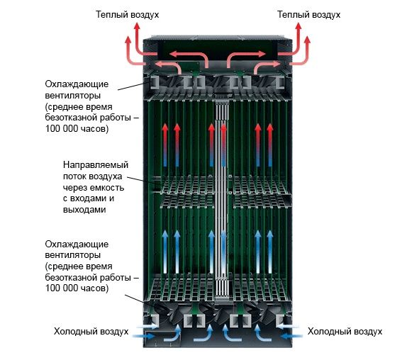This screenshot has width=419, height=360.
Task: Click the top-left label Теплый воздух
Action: pos(127,15)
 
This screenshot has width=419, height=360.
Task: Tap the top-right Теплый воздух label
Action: pos(308,15)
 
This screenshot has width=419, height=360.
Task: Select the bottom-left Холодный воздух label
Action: pos(91,332)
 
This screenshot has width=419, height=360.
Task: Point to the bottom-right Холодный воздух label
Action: pos(345,332)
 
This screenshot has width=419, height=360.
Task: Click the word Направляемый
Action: pos(96,165)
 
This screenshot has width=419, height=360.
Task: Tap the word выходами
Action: pos(84,210)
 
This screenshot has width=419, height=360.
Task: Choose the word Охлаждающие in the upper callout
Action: pos(77,84)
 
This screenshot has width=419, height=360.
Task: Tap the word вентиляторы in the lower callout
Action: pos(73,255)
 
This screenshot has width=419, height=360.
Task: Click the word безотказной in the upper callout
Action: pos(71,118)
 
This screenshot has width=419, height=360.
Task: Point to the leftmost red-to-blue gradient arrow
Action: pos(165,145)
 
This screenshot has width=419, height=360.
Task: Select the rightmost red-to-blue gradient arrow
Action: pos(270,145)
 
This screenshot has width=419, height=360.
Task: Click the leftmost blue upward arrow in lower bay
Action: pos(165,252)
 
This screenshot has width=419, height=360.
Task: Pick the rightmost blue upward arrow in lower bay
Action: pos(270,252)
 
